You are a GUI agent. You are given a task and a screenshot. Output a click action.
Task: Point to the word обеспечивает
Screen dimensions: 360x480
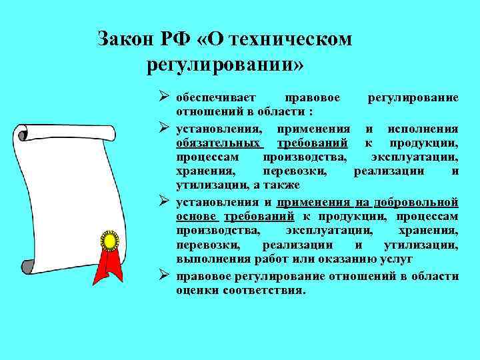point(215,97)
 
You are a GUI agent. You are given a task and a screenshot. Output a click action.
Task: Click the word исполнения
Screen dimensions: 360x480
point(423,128)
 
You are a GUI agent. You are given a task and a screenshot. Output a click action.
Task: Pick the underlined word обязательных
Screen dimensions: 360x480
point(218,143)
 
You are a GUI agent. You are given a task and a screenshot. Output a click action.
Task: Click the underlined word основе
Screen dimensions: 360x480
point(196,216)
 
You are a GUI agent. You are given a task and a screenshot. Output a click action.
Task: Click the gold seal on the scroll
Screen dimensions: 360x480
point(108,238)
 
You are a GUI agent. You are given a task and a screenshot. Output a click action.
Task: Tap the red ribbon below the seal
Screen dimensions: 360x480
point(108,267)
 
